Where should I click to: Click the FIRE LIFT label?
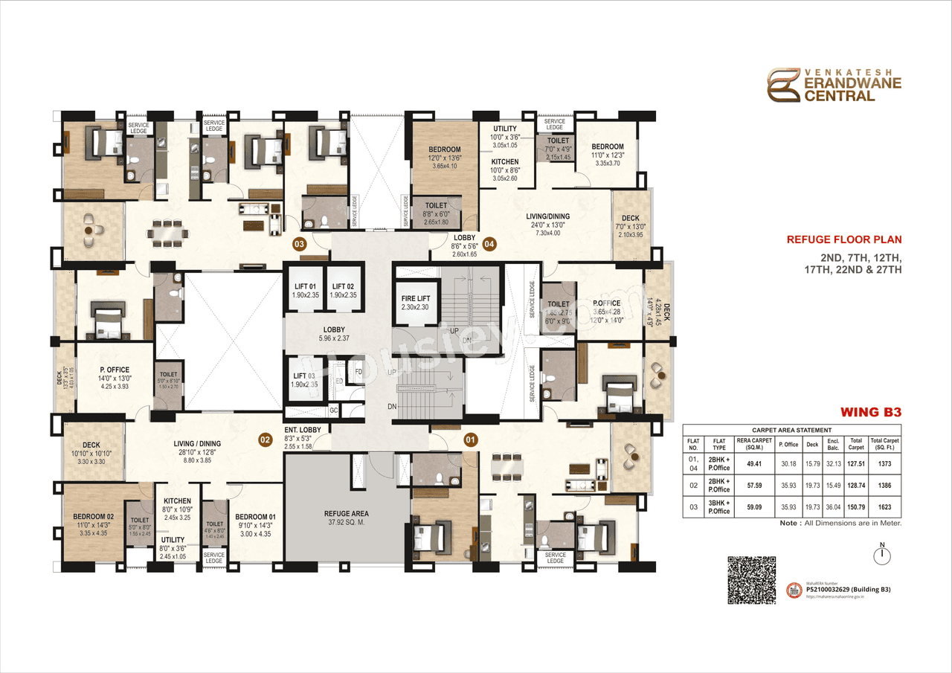(x=416, y=298)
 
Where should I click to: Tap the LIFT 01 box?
(x=306, y=290)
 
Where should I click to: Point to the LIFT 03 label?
(x=306, y=376)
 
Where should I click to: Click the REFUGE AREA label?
(x=347, y=513)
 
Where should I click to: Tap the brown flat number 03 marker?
(x=300, y=243)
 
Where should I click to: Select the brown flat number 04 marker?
(x=489, y=243)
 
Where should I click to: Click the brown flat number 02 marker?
(x=265, y=439)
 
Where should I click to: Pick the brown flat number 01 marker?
(x=470, y=439)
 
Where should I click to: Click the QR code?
(x=751, y=580)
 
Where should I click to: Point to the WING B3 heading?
(x=870, y=411)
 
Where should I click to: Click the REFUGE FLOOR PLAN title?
(x=844, y=239)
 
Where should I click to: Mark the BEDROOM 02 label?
(x=93, y=517)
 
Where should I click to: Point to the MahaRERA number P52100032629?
(x=848, y=589)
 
